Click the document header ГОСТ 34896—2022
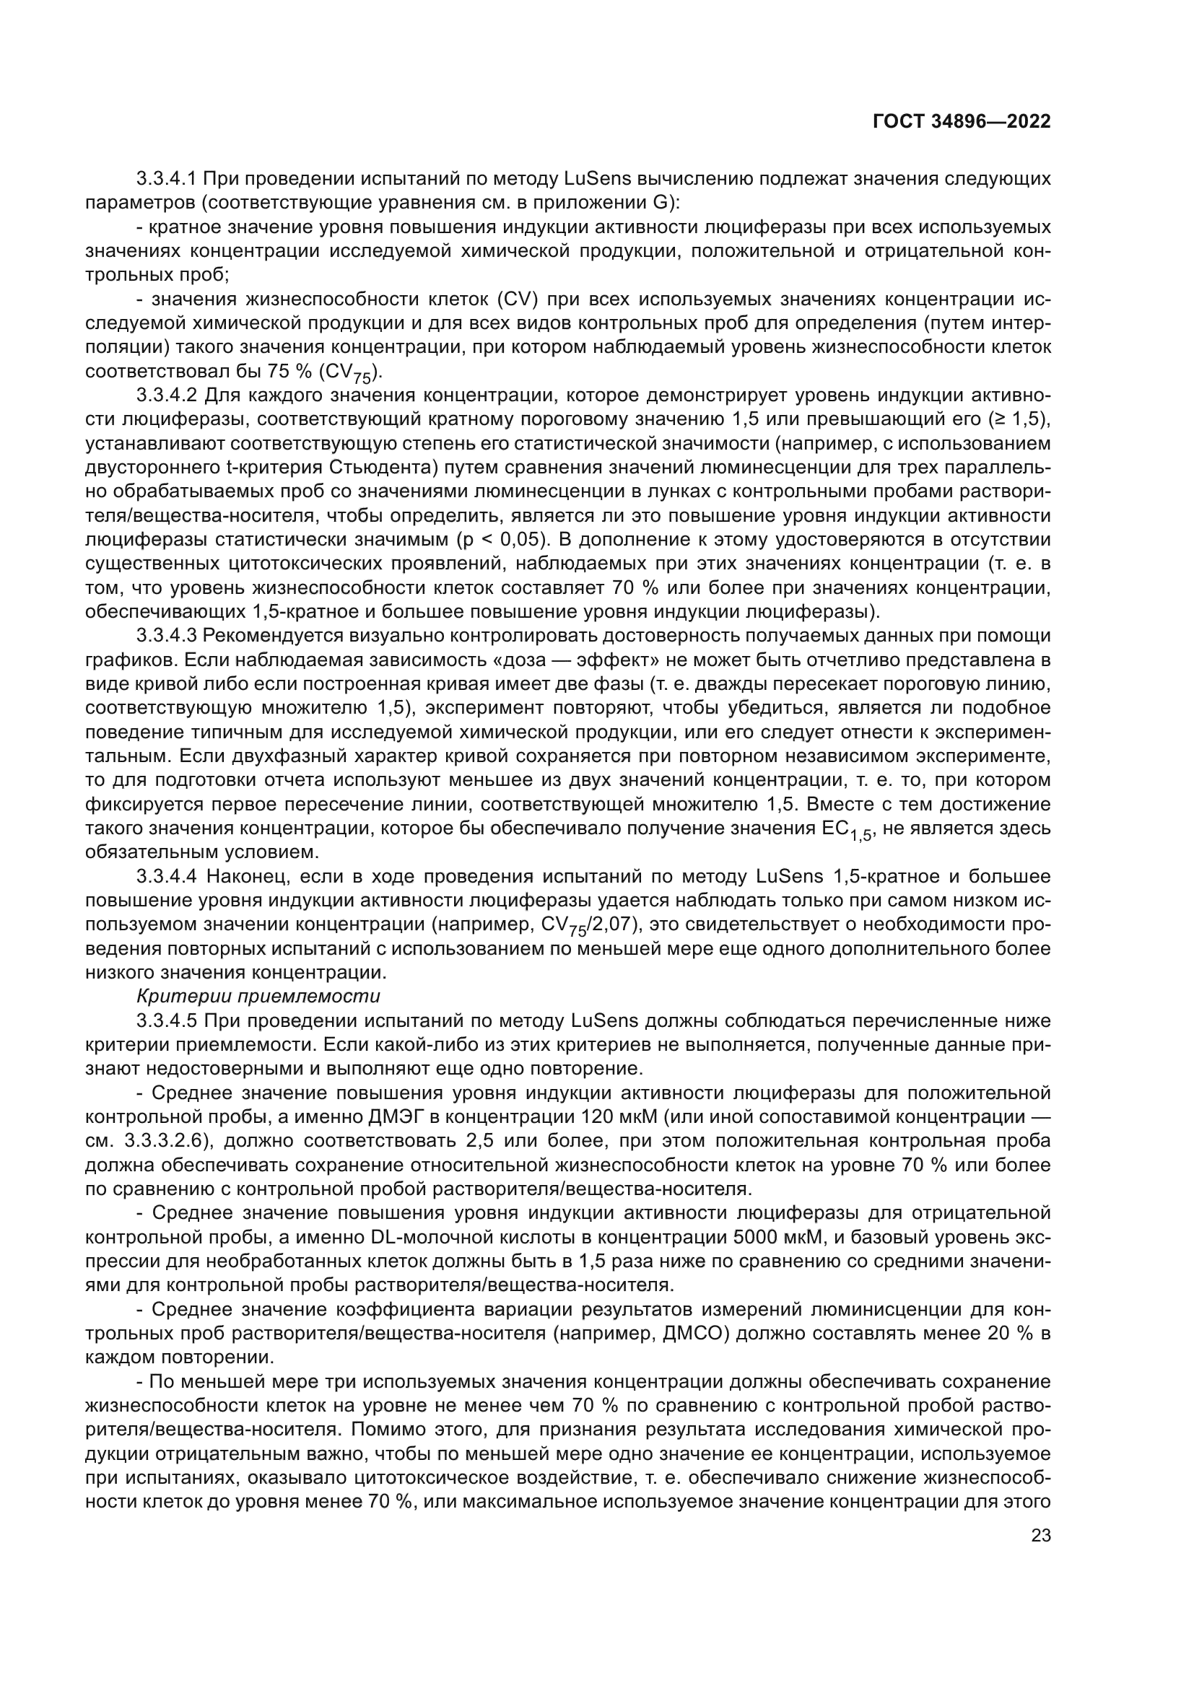pyautogui.click(x=962, y=121)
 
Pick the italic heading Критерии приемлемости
pyautogui.click(x=258, y=997)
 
